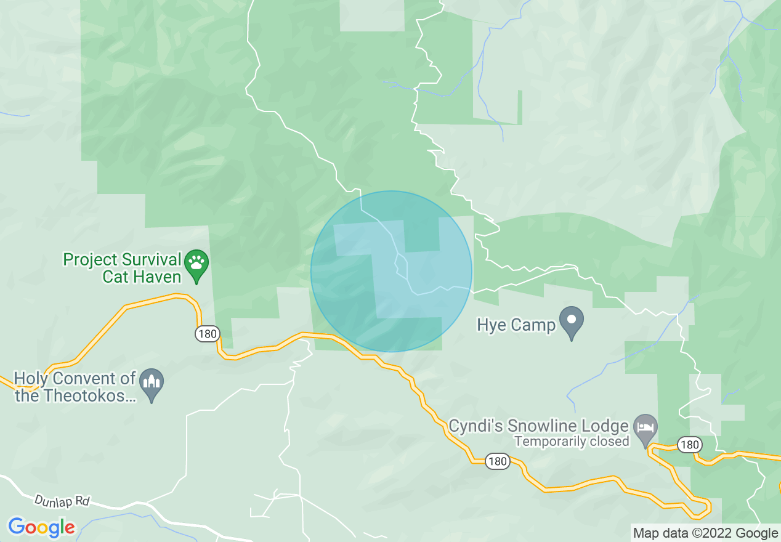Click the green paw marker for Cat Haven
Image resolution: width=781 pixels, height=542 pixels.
[x=196, y=265]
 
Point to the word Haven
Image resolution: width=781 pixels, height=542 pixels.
[x=159, y=277]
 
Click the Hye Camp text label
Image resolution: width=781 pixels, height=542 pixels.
[x=516, y=325]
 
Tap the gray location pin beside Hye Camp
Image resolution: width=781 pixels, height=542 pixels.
[x=572, y=322]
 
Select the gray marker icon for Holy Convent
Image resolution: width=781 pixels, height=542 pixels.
[x=152, y=384]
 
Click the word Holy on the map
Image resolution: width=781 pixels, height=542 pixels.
[x=31, y=378]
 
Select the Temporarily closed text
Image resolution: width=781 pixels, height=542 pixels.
[x=572, y=441]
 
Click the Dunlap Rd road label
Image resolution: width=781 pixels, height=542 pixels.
[x=62, y=501]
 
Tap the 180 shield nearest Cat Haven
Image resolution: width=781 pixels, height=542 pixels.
[x=207, y=334]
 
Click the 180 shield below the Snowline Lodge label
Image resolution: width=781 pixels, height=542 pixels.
[x=497, y=461]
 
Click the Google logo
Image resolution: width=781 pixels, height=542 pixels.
[x=41, y=527]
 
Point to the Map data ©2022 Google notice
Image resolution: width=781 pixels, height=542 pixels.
[x=705, y=533]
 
